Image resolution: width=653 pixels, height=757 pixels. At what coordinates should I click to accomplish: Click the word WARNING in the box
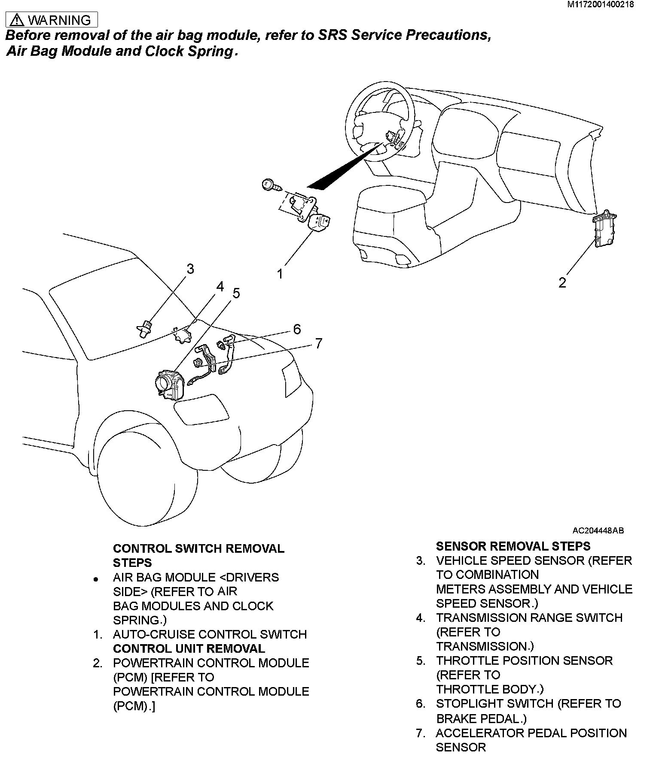click(x=59, y=20)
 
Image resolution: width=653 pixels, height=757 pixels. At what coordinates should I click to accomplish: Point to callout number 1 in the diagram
click(x=280, y=273)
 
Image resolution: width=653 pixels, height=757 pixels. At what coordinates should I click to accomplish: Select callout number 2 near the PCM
click(x=562, y=282)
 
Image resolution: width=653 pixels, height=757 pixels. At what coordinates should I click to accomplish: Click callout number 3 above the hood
click(x=190, y=269)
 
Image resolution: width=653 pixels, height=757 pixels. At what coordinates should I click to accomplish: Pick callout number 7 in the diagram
click(x=318, y=343)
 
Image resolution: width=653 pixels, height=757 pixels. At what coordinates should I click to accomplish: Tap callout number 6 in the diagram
click(x=297, y=329)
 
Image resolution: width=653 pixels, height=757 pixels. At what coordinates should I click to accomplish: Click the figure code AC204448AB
click(x=598, y=530)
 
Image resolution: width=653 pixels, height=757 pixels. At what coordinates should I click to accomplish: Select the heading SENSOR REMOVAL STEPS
click(x=513, y=546)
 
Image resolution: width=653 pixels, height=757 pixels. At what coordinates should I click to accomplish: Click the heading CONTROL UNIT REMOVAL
click(x=189, y=648)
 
